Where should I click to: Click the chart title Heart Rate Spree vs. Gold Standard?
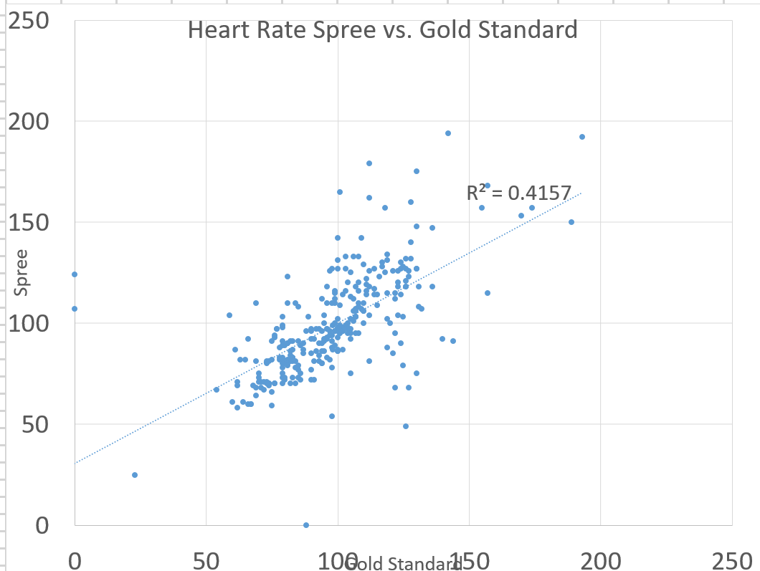(x=382, y=31)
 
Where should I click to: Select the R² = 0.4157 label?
(x=519, y=192)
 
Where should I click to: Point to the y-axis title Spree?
(x=22, y=272)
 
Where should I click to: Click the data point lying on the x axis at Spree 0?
(x=306, y=525)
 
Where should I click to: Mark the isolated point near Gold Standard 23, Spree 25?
(x=135, y=475)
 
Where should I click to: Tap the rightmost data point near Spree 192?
(x=582, y=137)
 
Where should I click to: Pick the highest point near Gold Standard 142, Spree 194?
(x=448, y=133)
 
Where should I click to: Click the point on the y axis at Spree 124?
(x=75, y=274)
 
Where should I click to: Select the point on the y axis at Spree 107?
(x=75, y=309)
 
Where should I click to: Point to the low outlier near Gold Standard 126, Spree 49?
(x=406, y=426)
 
